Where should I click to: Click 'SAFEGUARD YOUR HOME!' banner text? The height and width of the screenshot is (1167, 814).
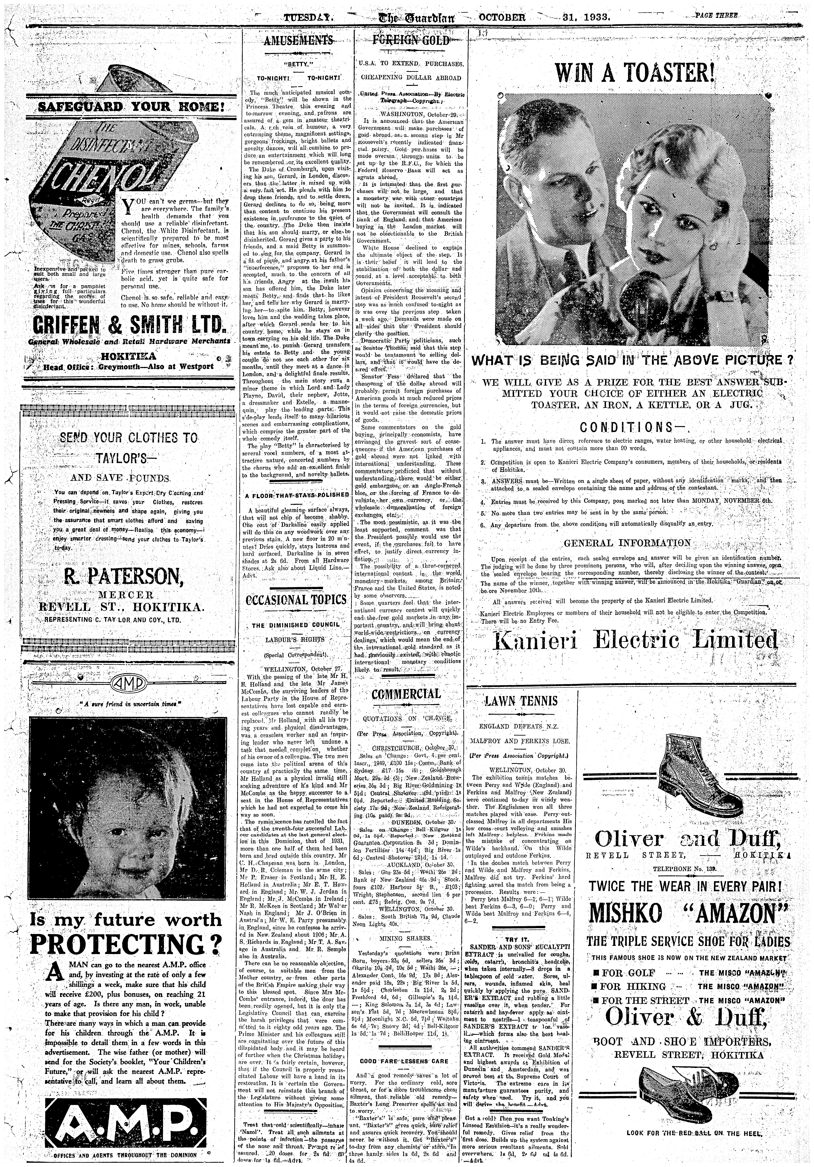pyautogui.click(x=126, y=107)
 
